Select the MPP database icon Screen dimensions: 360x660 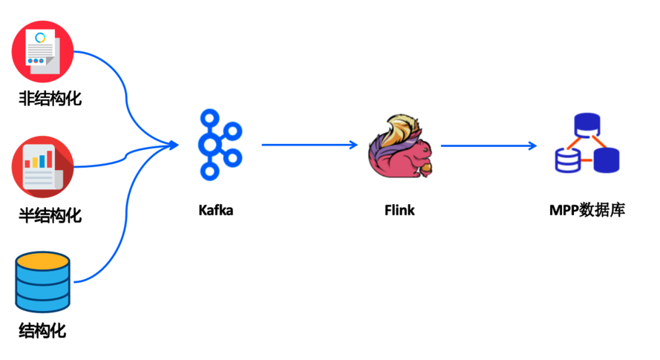point(587,145)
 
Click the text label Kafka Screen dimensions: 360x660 point(216,210)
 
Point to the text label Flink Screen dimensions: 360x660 point(399,210)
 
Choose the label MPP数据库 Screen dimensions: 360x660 point(587,210)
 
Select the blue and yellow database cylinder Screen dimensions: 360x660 point(42,281)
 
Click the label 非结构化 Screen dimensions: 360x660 point(49,99)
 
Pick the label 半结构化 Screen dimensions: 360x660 point(49,216)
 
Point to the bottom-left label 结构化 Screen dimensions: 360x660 point(42,330)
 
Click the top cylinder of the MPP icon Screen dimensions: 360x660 point(587,123)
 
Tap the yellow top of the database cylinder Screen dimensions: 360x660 point(42,261)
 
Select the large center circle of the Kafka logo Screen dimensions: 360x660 point(210,144)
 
